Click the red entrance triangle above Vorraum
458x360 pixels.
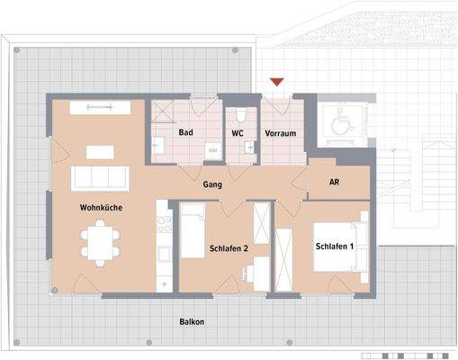coord(278,83)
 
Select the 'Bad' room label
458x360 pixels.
coord(186,133)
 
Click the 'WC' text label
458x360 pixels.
coord(238,133)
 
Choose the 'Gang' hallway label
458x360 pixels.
coord(212,184)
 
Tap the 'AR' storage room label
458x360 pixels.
coord(334,182)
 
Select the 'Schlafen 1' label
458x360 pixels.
coord(333,247)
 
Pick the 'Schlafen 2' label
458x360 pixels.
coord(229,247)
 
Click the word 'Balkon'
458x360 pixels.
coord(190,321)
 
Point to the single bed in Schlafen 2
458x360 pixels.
coord(193,231)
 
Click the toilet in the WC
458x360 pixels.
coord(240,117)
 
